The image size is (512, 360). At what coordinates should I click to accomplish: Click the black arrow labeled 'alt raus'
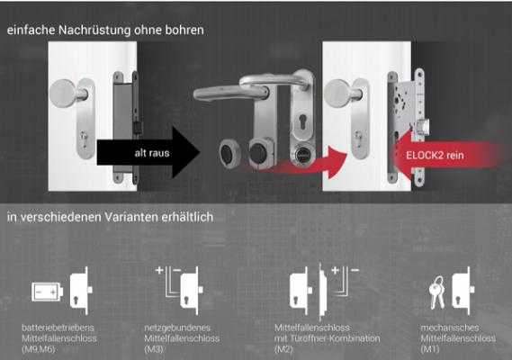[x=148, y=153]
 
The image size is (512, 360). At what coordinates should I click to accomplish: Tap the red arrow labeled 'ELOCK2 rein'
[x=447, y=155]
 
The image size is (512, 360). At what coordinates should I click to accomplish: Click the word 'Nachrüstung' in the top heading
[x=94, y=30]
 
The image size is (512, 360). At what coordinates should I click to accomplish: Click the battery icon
[x=48, y=292]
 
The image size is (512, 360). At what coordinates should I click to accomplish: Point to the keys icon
[x=437, y=292]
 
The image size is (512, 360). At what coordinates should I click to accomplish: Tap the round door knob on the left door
[x=67, y=93]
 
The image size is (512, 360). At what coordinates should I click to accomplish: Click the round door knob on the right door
[x=341, y=93]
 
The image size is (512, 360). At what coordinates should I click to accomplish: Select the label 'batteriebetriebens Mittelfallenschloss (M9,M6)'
[x=59, y=338]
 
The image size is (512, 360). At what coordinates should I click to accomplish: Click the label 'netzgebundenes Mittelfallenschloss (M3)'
[x=182, y=338]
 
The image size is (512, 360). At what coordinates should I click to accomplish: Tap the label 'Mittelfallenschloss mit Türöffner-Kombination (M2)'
[x=327, y=338]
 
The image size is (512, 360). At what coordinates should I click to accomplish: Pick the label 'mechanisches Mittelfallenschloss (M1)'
[x=458, y=338]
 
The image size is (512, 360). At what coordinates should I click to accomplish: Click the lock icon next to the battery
[x=81, y=291]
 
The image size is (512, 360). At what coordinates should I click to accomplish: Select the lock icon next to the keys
[x=463, y=291]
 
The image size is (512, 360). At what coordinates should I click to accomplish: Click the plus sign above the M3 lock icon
[x=159, y=270]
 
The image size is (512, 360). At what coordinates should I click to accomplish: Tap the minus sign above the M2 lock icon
[x=355, y=270]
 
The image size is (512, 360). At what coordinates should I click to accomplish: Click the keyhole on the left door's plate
[x=85, y=139]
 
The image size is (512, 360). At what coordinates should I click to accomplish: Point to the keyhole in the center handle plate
[x=302, y=121]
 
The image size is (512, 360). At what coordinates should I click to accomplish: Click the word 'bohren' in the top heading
[x=184, y=30]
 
